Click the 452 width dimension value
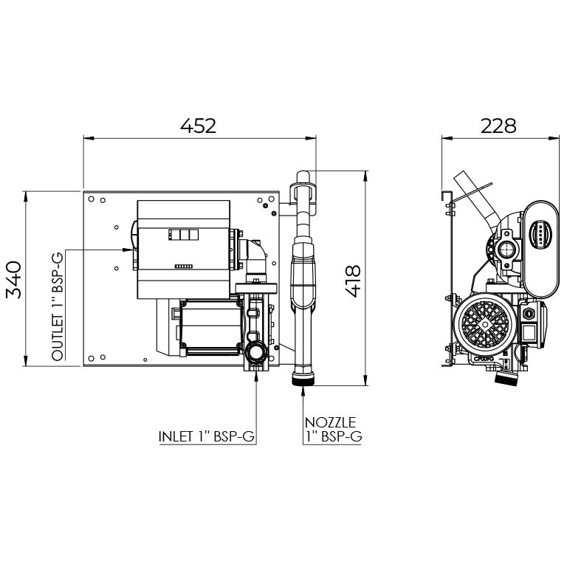(198, 126)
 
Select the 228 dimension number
(498, 126)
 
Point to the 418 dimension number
(352, 281)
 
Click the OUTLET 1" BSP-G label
(57, 306)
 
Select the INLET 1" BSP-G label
(207, 436)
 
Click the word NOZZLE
(331, 422)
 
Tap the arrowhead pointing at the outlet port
(128, 250)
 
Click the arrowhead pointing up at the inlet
(256, 376)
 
